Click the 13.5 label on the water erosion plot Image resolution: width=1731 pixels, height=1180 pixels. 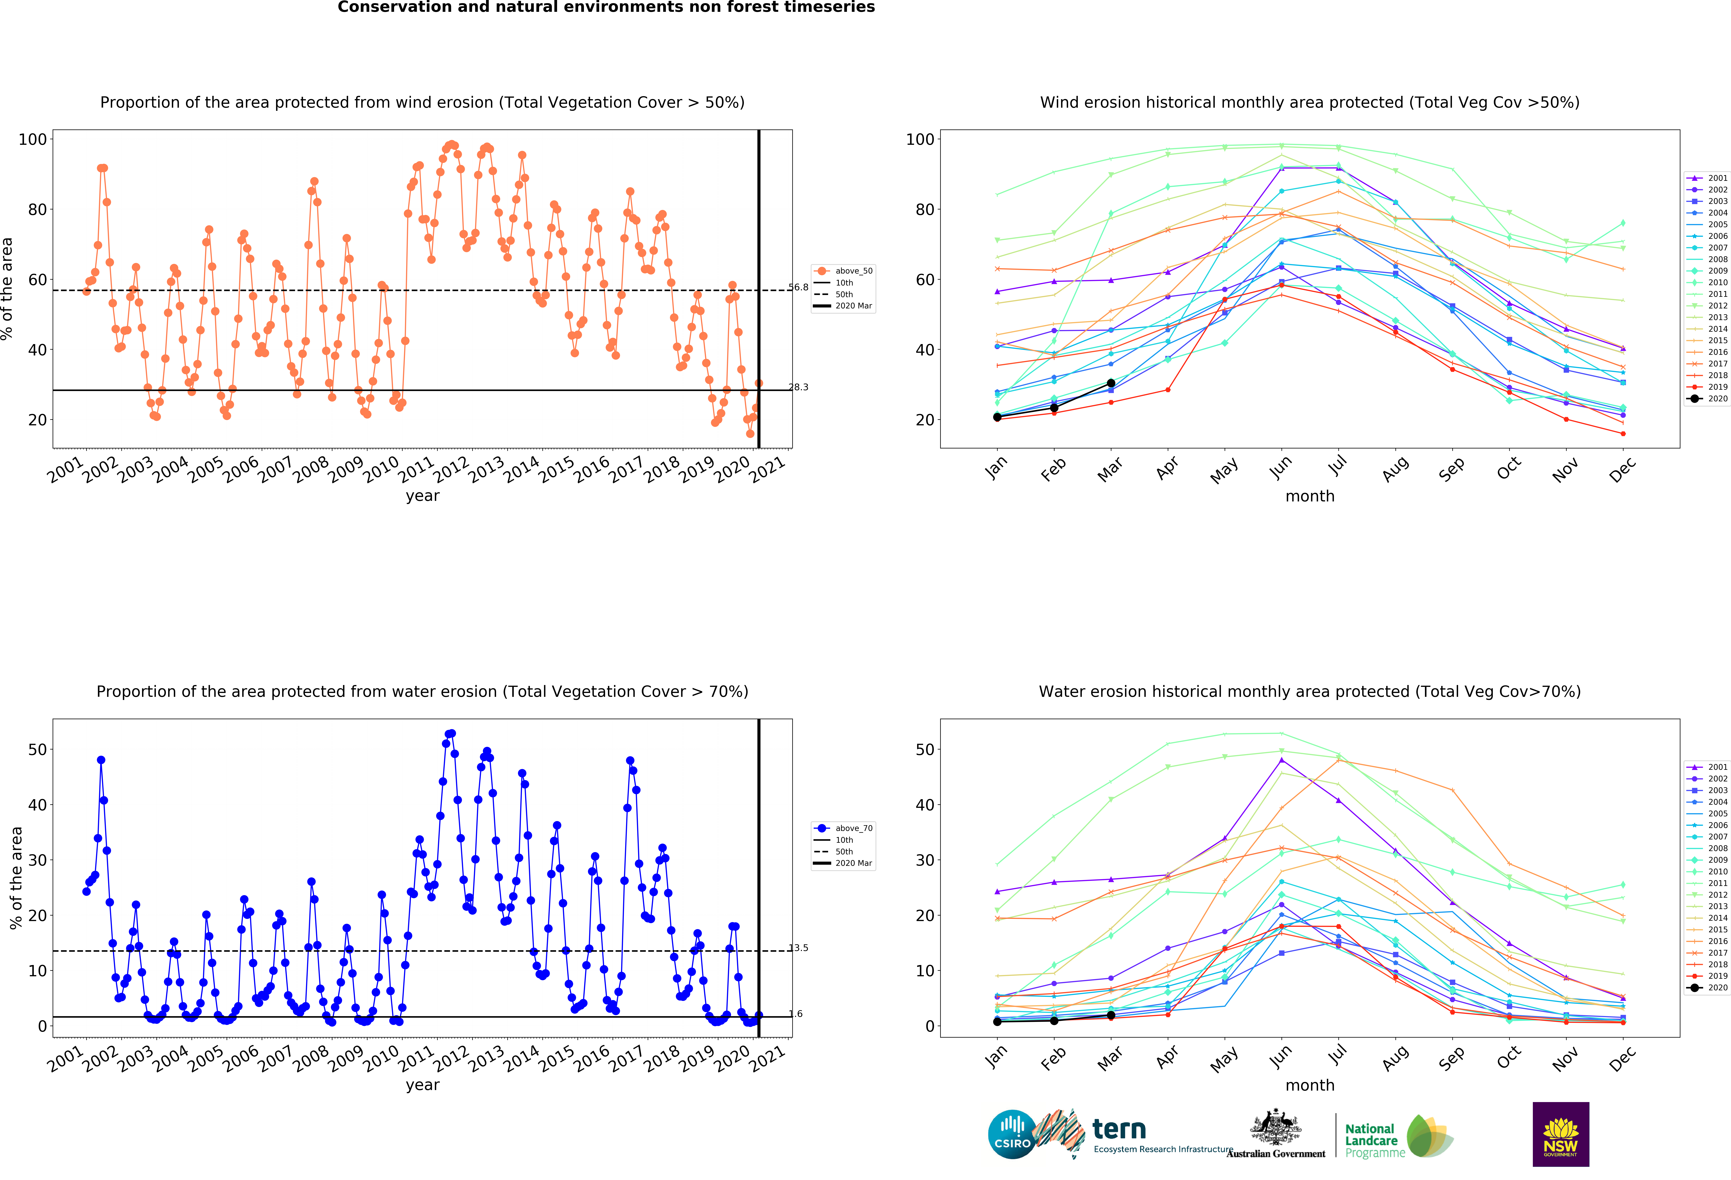799,948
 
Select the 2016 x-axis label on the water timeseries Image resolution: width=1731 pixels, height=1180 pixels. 591,1059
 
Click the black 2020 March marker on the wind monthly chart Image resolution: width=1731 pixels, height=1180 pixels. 1110,383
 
